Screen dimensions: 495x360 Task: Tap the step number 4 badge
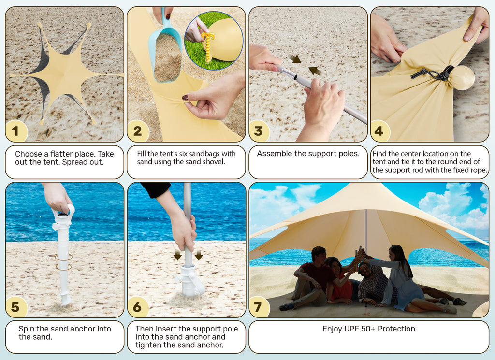379,131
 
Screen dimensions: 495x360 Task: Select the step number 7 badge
258,307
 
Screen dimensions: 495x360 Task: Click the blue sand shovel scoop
165,50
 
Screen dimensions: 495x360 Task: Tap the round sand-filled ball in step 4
463,78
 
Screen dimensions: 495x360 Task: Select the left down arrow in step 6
178,255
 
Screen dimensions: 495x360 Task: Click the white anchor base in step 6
190,281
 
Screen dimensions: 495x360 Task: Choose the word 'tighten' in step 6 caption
148,345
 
